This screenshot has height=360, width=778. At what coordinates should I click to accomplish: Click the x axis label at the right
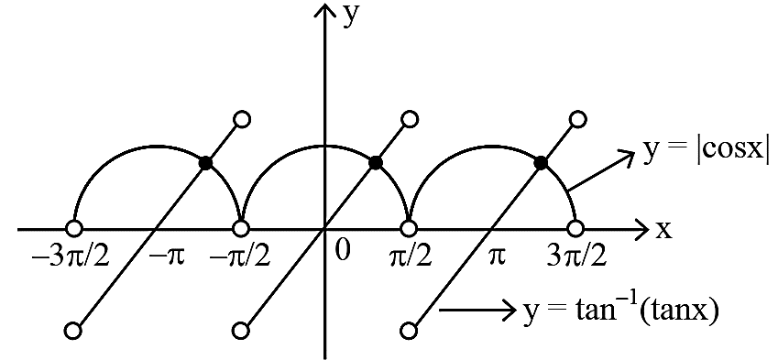(663, 229)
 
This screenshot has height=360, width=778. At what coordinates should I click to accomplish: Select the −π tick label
(167, 257)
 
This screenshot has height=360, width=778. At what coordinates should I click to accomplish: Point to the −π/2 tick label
(240, 257)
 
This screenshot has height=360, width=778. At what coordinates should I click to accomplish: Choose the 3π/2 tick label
(576, 257)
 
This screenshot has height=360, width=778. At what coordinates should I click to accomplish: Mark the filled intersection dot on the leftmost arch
(205, 162)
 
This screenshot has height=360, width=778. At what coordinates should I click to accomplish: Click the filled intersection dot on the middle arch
(376, 162)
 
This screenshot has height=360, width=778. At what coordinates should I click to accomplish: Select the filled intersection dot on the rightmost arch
(542, 162)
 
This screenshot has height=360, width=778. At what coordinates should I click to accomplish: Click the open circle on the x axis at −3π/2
(73, 229)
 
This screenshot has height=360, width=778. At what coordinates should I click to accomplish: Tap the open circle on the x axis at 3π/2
(575, 229)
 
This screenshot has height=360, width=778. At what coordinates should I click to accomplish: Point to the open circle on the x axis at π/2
(409, 229)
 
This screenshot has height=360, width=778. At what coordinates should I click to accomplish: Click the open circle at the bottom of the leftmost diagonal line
(72, 330)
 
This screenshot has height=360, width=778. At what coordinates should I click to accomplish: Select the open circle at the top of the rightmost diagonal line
(578, 119)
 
